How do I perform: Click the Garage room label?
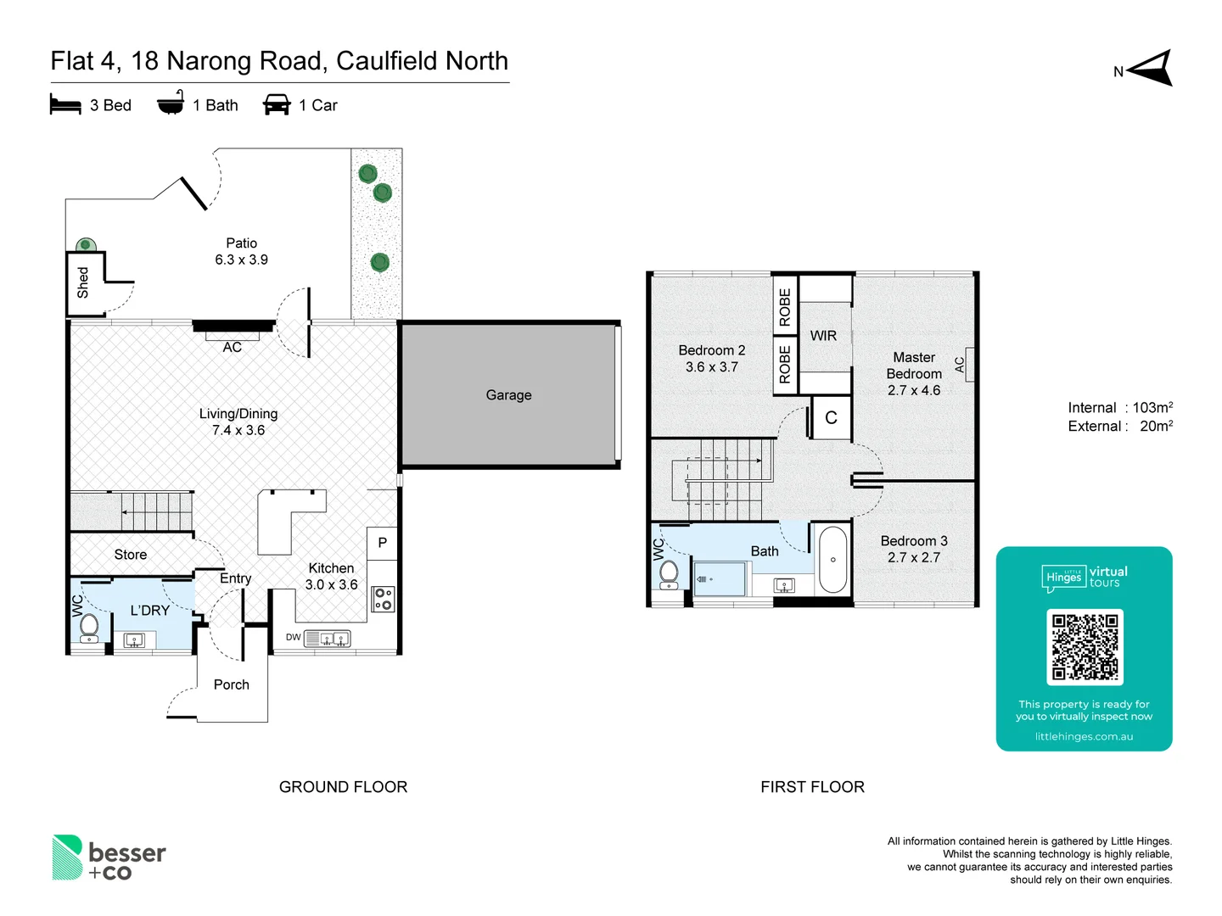[508, 395]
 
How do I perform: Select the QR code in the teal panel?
[1085, 647]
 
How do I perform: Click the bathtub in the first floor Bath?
[832, 560]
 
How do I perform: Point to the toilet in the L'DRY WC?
[88, 627]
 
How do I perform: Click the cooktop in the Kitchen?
[383, 599]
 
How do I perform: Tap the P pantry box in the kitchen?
[382, 543]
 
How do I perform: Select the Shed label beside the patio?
[83, 282]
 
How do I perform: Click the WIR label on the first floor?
[823, 336]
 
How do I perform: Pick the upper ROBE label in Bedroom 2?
[785, 307]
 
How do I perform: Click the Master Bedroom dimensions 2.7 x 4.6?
[914, 390]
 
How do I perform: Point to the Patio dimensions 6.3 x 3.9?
[241, 260]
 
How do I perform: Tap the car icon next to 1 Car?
[277, 105]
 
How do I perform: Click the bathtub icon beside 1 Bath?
[171, 103]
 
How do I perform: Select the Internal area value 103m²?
[1152, 408]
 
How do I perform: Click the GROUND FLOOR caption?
[343, 787]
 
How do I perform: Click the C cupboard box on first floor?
[831, 418]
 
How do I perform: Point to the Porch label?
[231, 684]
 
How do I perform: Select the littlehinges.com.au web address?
[1084, 736]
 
